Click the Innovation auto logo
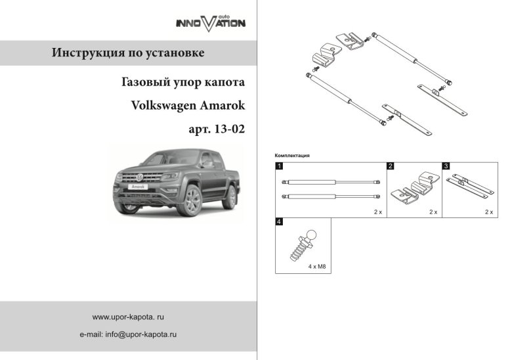[x=210, y=22]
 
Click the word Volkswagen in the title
[x=167, y=106]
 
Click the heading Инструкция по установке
[x=128, y=53]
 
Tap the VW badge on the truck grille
[x=139, y=177]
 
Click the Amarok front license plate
[x=138, y=187]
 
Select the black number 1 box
[x=279, y=166]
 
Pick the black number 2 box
[x=391, y=166]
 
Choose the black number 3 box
[x=446, y=166]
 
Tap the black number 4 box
[x=279, y=222]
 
